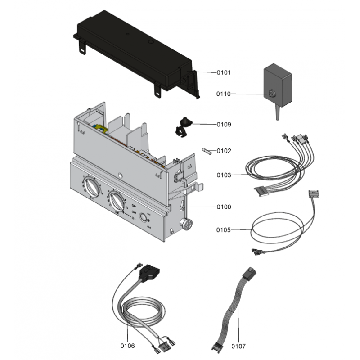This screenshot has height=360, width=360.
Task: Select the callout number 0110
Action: (224, 94)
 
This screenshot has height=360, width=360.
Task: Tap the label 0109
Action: (224, 125)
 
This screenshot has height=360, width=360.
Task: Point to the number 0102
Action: (224, 151)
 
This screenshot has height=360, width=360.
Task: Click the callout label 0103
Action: (224, 175)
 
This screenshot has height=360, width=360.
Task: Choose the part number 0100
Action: (224, 207)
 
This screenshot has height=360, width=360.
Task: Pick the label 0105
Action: (224, 230)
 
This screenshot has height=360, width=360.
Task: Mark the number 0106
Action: (127, 346)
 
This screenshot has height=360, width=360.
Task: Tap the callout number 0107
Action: (239, 346)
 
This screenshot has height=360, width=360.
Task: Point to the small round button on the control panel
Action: (144, 219)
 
